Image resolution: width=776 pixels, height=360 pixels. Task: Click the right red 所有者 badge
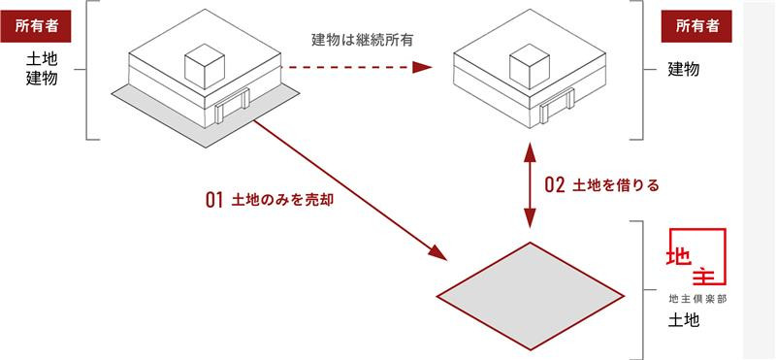(696, 26)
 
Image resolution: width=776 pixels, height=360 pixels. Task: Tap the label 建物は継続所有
(357, 39)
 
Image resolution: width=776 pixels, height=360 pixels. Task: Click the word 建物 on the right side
(685, 69)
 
